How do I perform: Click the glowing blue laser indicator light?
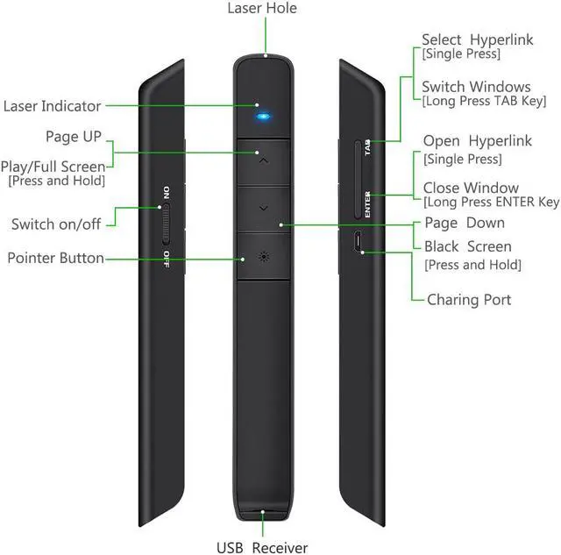(263, 117)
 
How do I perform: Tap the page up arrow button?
(263, 161)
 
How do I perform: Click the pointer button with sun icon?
(263, 257)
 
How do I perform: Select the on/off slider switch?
(166, 224)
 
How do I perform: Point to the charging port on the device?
(358, 241)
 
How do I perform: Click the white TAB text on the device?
(367, 147)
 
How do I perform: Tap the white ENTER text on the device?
(367, 204)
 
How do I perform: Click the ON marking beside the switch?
(167, 193)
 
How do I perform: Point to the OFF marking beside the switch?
(167, 260)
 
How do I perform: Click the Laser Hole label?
(262, 8)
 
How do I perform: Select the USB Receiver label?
(262, 547)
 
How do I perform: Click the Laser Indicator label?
(53, 106)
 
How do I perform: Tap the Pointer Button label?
(56, 258)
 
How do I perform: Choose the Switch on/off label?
(56, 224)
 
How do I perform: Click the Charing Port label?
(469, 300)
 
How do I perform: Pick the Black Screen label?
(468, 246)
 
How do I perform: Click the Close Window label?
(471, 188)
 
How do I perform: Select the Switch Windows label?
(476, 87)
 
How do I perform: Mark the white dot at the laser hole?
(266, 55)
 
